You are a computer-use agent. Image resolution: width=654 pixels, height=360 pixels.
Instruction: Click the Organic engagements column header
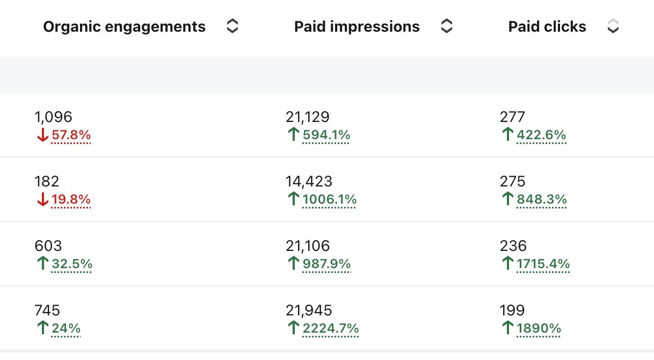(125, 26)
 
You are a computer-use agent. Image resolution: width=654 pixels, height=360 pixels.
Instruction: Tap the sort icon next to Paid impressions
(446, 26)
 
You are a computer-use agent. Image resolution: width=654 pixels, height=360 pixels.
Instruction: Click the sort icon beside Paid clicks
(613, 26)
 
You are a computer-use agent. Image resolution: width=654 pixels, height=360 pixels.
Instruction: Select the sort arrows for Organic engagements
(232, 26)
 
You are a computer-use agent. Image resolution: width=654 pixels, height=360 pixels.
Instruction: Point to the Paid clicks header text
(547, 26)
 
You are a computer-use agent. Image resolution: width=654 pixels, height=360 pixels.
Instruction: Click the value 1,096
(53, 117)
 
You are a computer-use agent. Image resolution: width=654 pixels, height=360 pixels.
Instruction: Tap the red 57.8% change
(71, 135)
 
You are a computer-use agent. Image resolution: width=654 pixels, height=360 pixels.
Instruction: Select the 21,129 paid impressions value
(308, 117)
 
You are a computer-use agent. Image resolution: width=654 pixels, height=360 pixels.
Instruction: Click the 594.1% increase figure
(326, 135)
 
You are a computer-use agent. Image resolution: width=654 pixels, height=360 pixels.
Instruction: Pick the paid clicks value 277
(512, 117)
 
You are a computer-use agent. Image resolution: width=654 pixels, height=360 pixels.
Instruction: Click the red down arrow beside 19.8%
(42, 199)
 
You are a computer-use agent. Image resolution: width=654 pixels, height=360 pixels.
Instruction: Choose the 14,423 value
(309, 182)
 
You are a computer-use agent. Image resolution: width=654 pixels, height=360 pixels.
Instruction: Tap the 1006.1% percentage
(330, 199)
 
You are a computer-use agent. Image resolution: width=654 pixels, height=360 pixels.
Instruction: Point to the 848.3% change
(542, 199)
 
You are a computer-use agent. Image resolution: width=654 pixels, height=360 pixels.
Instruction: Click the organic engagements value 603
(48, 246)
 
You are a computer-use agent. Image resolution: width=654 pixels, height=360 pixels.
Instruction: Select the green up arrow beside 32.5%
(42, 263)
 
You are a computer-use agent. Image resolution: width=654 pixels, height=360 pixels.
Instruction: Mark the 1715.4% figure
(543, 264)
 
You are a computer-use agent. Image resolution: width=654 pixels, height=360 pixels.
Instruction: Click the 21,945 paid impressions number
(309, 311)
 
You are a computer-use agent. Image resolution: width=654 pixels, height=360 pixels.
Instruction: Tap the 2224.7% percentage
(331, 328)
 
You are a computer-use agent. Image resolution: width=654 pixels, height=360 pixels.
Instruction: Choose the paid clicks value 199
(512, 311)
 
